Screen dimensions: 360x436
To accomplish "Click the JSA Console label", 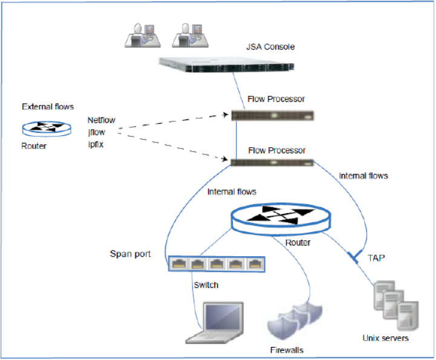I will click(x=270, y=47).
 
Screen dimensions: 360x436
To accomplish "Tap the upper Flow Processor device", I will click(x=276, y=115).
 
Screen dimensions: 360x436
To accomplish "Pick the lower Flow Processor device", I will click(x=275, y=162).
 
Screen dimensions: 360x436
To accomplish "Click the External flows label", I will click(x=48, y=107).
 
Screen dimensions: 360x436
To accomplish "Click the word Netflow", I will click(x=101, y=120).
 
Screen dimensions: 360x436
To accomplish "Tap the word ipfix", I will click(x=96, y=144).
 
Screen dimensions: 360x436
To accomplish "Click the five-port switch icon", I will click(x=217, y=263).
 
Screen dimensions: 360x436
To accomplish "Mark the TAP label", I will click(x=376, y=257).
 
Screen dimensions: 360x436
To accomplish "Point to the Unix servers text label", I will click(x=385, y=338).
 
